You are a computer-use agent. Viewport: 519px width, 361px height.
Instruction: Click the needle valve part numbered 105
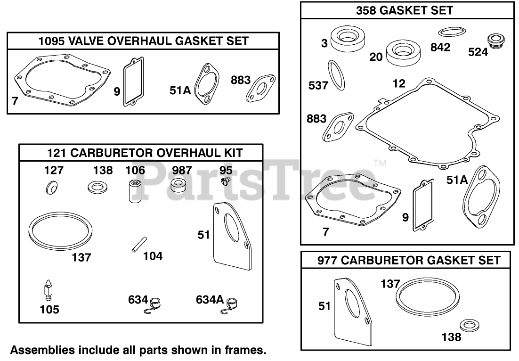[x=48, y=290]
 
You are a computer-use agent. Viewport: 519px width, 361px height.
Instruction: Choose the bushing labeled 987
[x=178, y=186]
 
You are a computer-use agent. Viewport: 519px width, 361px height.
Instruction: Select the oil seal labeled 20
[x=404, y=53]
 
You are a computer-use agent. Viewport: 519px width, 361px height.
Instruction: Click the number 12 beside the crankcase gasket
[x=398, y=83]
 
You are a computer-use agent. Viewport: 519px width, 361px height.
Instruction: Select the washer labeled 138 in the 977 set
[x=467, y=325]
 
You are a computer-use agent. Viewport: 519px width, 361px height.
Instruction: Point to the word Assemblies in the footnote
[x=35, y=350]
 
